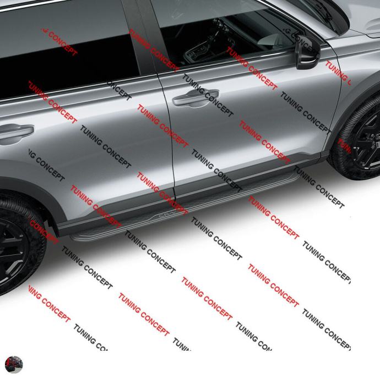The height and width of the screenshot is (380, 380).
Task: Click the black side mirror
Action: pos(306,53)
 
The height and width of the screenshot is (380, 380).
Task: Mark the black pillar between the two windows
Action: pos(142,39)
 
